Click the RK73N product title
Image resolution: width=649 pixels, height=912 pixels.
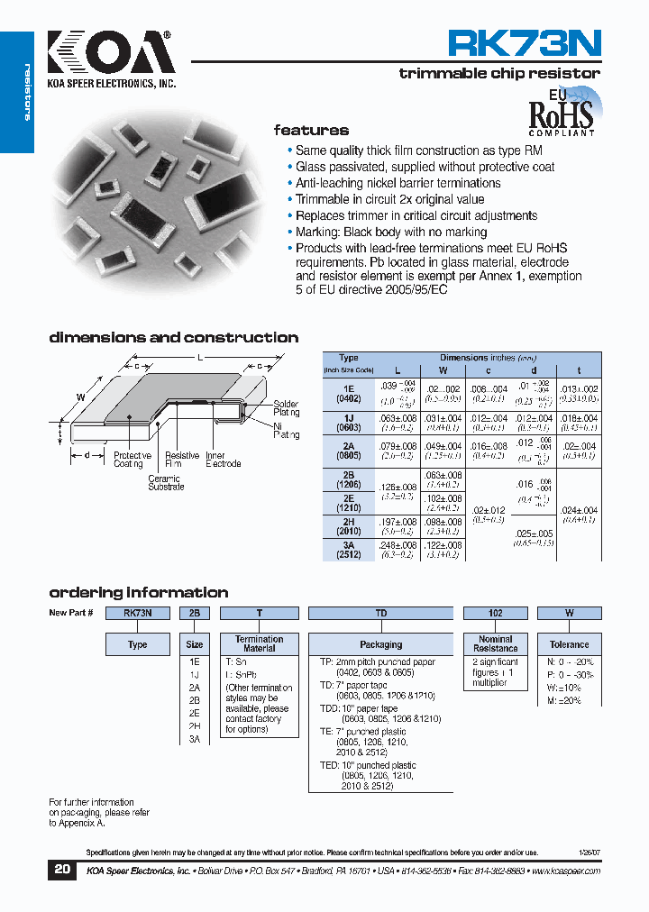pyautogui.click(x=525, y=44)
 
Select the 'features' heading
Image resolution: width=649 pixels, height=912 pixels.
pyautogui.click(x=311, y=131)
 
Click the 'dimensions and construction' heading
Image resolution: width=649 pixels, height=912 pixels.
pyautogui.click(x=173, y=338)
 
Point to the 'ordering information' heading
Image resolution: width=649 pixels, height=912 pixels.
pyautogui.click(x=138, y=593)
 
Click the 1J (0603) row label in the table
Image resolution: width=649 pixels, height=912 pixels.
pyautogui.click(x=349, y=423)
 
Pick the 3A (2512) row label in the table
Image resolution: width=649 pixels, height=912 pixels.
pyautogui.click(x=349, y=550)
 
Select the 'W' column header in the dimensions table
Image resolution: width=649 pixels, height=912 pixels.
pyautogui.click(x=443, y=370)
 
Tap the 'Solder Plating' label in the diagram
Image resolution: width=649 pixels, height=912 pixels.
pyautogui.click(x=286, y=408)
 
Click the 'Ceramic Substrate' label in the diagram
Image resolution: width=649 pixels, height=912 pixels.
pyautogui.click(x=166, y=483)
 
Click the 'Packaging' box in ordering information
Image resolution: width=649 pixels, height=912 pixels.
pyautogui.click(x=381, y=644)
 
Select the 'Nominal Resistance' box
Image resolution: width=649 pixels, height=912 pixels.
pyautogui.click(x=496, y=643)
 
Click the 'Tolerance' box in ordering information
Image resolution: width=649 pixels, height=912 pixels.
pyautogui.click(x=569, y=644)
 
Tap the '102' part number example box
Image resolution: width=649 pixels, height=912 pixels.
pyautogui.click(x=496, y=613)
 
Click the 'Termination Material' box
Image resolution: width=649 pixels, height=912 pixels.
pyautogui.click(x=260, y=643)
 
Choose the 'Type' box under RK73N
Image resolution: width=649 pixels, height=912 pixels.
pyautogui.click(x=138, y=644)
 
